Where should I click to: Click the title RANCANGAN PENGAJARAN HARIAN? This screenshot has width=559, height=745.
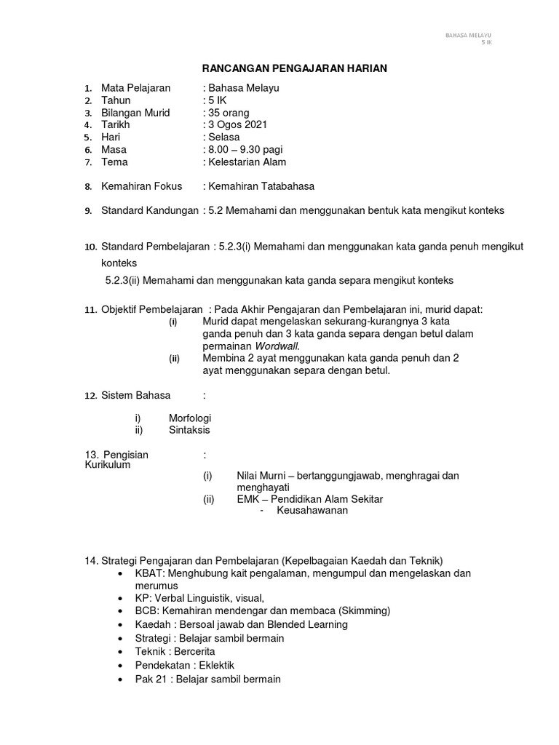(x=294, y=68)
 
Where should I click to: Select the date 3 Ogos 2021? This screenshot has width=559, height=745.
(x=238, y=125)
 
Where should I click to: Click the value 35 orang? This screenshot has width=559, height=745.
(x=229, y=113)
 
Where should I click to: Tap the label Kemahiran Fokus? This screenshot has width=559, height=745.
(x=141, y=186)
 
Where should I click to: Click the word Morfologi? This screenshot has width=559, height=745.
(x=190, y=418)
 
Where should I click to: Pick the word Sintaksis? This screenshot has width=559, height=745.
(x=189, y=430)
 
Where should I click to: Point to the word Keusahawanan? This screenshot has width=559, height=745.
(x=312, y=511)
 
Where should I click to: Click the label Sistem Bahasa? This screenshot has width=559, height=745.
(x=135, y=395)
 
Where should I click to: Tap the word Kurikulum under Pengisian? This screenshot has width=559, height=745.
(x=108, y=464)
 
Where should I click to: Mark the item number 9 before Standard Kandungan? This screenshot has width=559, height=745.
(x=87, y=211)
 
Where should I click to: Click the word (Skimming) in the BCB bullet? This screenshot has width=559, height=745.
(x=363, y=610)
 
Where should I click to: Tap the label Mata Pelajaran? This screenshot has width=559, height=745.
(x=135, y=88)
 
